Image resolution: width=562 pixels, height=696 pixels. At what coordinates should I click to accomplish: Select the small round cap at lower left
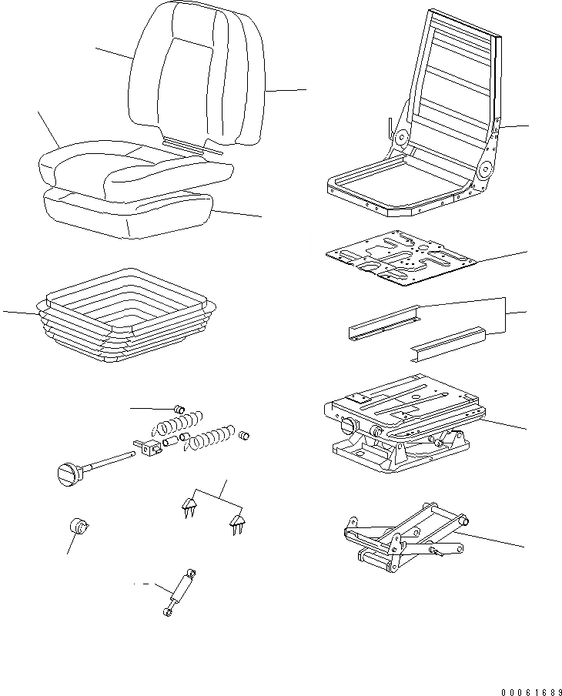[x=78, y=527]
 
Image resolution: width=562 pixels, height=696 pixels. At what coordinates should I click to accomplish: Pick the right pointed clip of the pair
[x=237, y=526]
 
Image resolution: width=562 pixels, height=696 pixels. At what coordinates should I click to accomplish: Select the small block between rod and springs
[x=148, y=447]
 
